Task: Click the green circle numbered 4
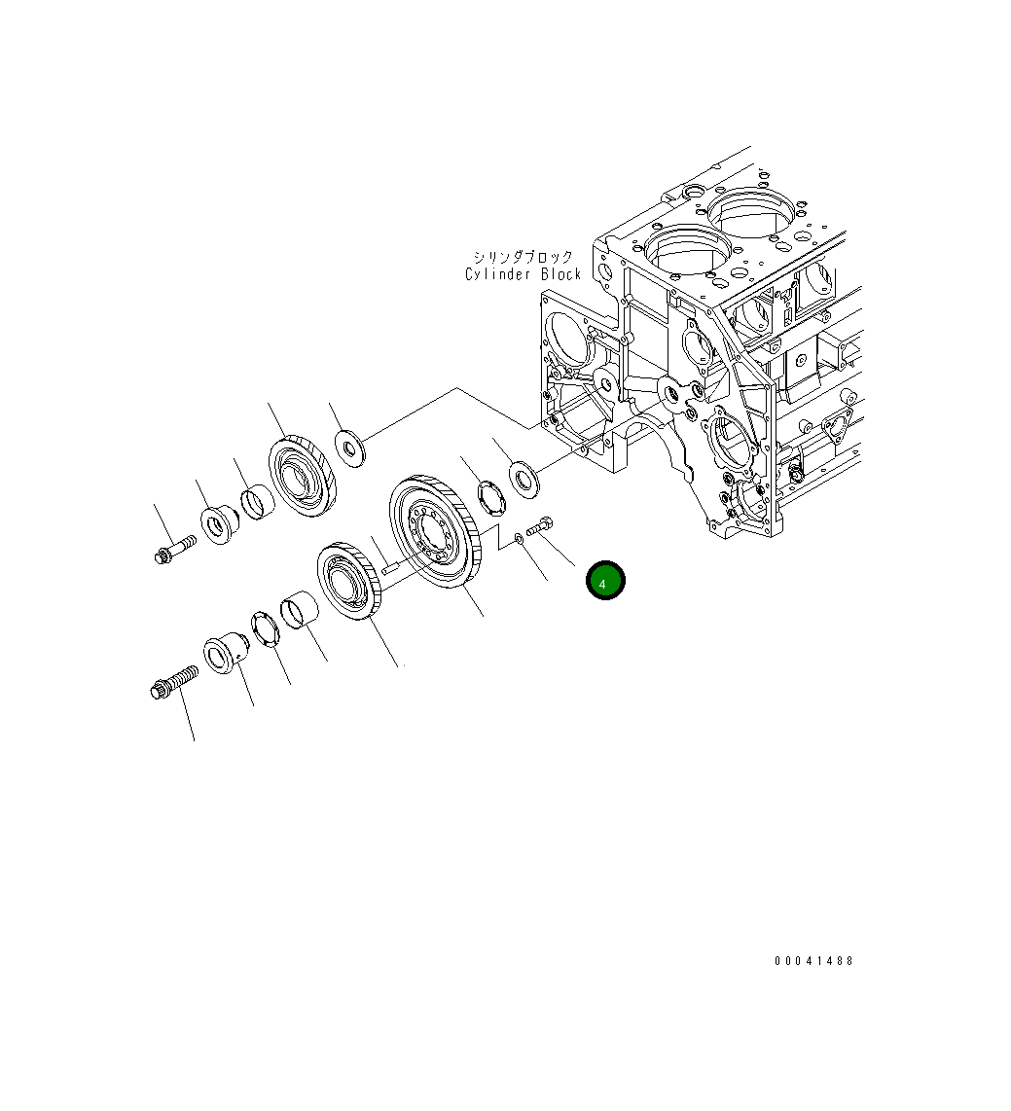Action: [x=604, y=581]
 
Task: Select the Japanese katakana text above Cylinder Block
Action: [x=524, y=258]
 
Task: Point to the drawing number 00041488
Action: [x=813, y=961]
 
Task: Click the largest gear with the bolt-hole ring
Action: [x=434, y=532]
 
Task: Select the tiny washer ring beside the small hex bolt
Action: [x=519, y=537]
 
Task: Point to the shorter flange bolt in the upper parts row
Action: [x=171, y=550]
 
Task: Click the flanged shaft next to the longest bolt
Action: [x=225, y=657]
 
